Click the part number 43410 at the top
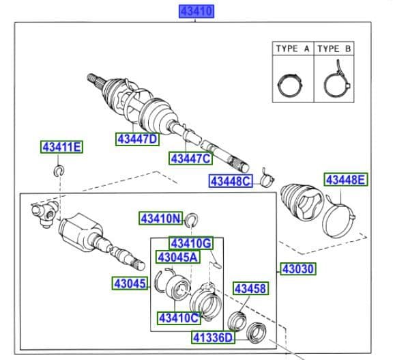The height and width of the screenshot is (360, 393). (196, 11)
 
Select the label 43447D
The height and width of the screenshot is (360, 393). (136, 139)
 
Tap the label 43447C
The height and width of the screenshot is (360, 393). (191, 158)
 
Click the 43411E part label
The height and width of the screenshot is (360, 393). (61, 147)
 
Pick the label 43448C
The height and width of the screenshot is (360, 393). (231, 181)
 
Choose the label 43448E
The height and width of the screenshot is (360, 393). (345, 180)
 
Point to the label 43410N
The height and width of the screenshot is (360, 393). (162, 219)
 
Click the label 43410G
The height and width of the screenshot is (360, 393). (192, 243)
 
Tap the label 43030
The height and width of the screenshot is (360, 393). (297, 269)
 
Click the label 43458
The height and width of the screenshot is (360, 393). (250, 289)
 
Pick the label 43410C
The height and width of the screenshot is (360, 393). (179, 318)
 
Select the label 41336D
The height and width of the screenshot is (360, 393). (212, 337)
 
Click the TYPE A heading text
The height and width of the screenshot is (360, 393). (293, 49)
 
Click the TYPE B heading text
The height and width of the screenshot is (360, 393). (334, 49)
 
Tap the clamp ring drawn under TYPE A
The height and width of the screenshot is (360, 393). (293, 85)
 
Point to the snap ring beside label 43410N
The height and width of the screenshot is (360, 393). (193, 219)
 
